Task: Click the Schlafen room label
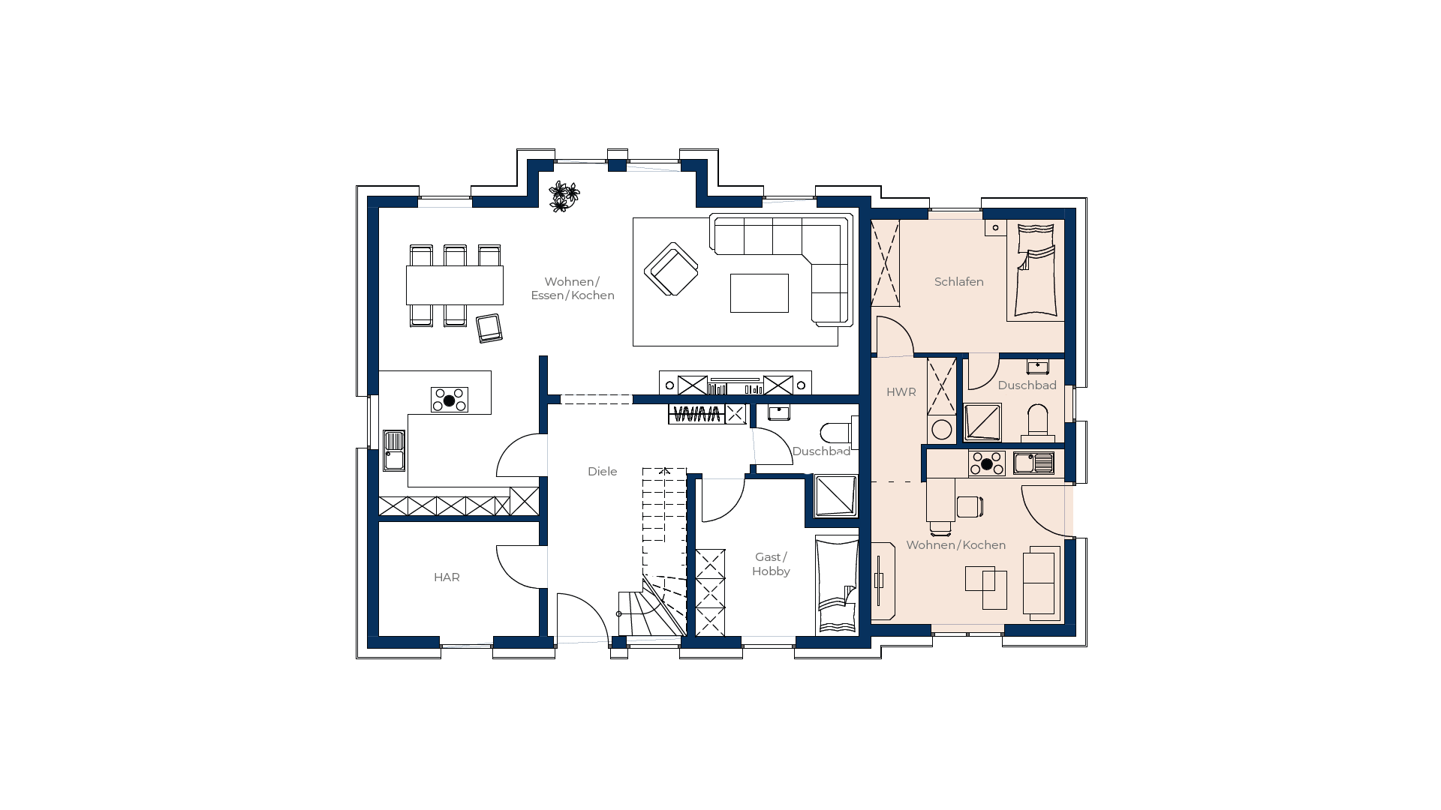[958, 282]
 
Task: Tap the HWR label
[901, 392]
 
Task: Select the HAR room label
[447, 577]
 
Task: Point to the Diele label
[602, 472]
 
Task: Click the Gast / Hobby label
[771, 564]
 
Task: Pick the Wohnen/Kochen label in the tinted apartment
[955, 545]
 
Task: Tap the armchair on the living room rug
[671, 269]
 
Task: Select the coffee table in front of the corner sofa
[760, 292]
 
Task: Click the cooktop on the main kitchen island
[450, 400]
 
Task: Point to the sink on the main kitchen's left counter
[394, 450]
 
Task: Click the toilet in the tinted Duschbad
[1037, 422]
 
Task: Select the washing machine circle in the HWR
[941, 430]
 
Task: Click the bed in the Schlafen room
[1036, 271]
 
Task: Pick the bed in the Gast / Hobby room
[837, 586]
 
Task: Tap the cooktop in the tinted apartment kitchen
[987, 463]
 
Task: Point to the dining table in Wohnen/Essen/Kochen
[455, 285]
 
